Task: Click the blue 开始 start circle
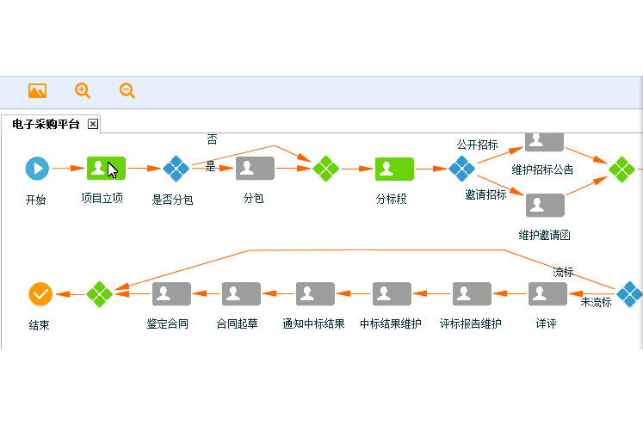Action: pyautogui.click(x=37, y=169)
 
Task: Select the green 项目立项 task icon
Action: pyautogui.click(x=106, y=169)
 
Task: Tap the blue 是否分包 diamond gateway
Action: pyautogui.click(x=176, y=169)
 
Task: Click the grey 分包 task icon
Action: pyautogui.click(x=255, y=169)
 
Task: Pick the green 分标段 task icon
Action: pyautogui.click(x=394, y=169)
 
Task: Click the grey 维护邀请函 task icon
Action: pyautogui.click(x=545, y=206)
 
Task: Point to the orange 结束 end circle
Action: pyautogui.click(x=40, y=294)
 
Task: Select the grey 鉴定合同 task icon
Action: pyautogui.click(x=171, y=294)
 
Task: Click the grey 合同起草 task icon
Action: pyautogui.click(x=241, y=294)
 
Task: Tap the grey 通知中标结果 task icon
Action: pyautogui.click(x=315, y=294)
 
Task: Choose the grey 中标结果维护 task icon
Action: pyautogui.click(x=392, y=294)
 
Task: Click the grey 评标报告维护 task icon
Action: pyautogui.click(x=472, y=294)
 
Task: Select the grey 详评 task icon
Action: pyautogui.click(x=547, y=294)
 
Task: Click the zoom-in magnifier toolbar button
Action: pyautogui.click(x=83, y=90)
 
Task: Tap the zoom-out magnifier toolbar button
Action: pyautogui.click(x=127, y=90)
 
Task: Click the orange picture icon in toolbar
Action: pyautogui.click(x=37, y=90)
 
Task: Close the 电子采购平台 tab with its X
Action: pyautogui.click(x=93, y=124)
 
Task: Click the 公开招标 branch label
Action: pyautogui.click(x=477, y=145)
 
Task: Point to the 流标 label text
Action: pyautogui.click(x=563, y=272)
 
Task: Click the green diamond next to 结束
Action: pyautogui.click(x=100, y=294)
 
